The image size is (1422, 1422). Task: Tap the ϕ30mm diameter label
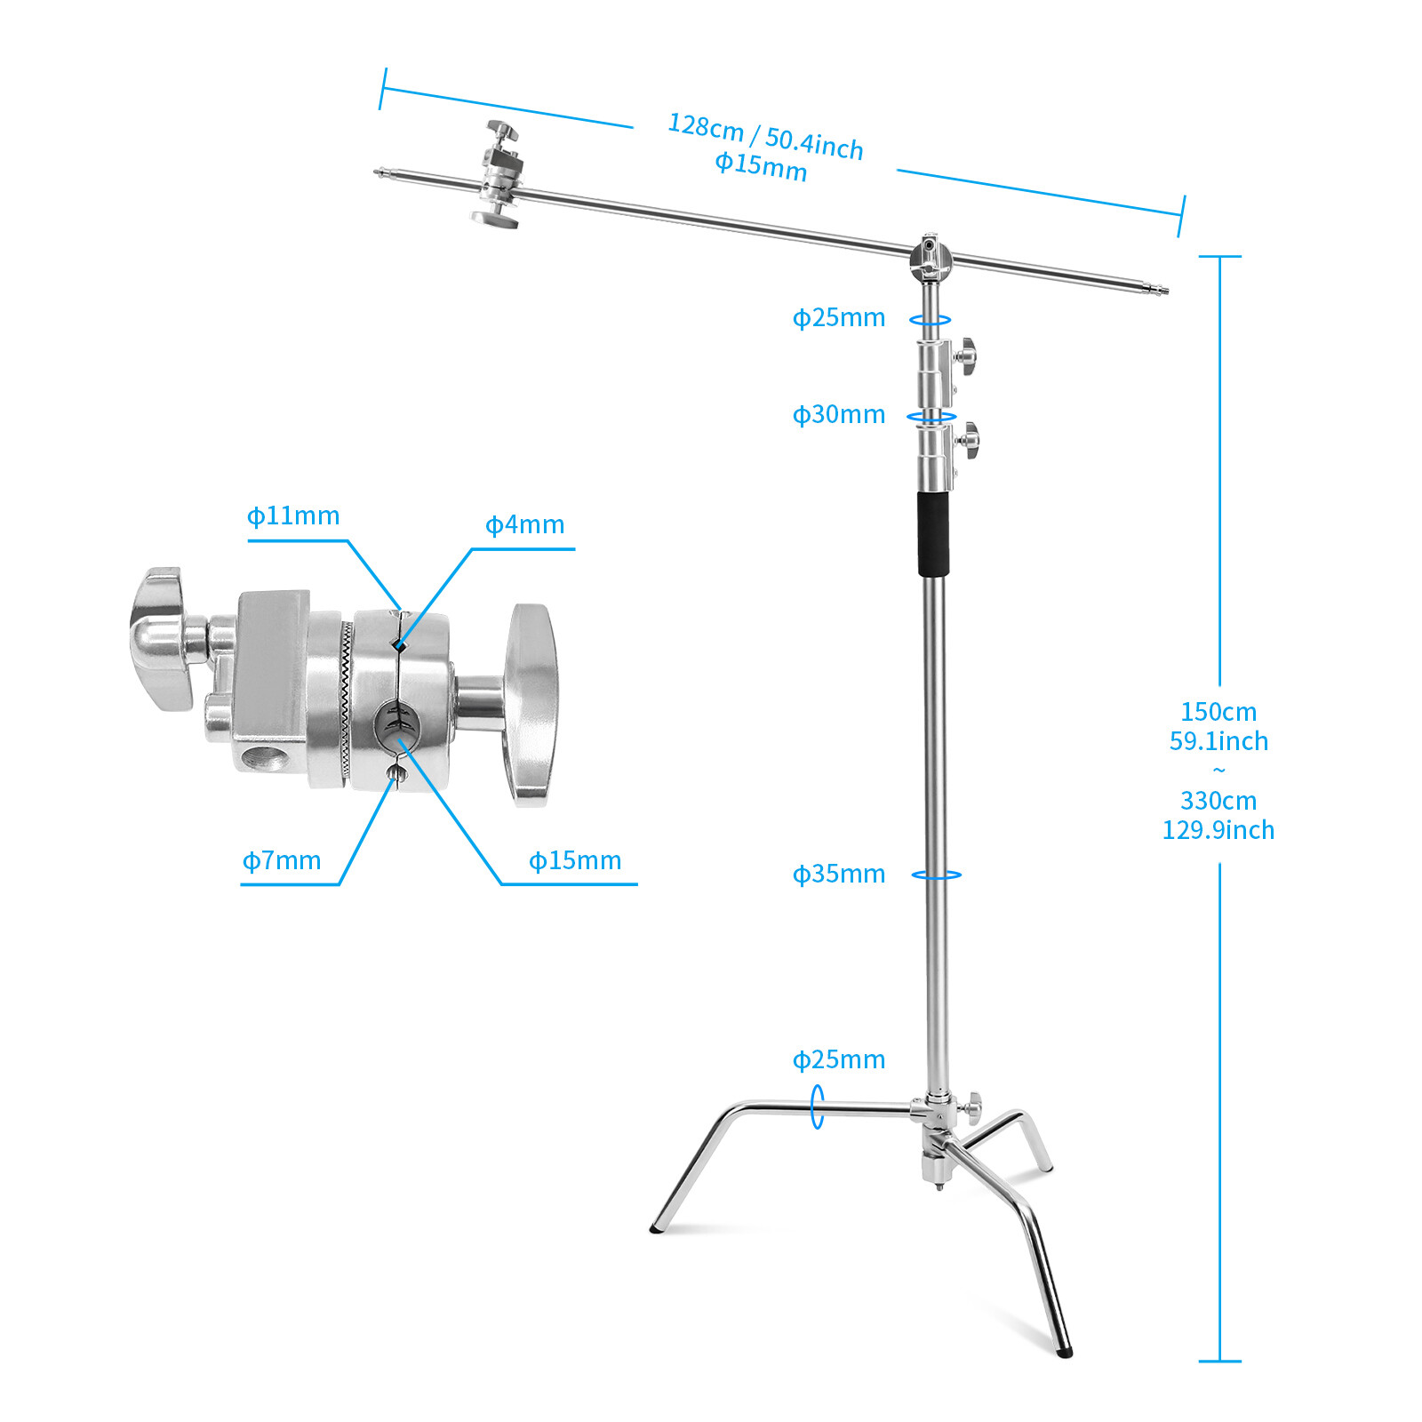pyautogui.click(x=838, y=414)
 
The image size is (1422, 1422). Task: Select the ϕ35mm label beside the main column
pyautogui.click(x=838, y=874)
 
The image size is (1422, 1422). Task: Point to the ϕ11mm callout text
pyautogui.click(x=293, y=515)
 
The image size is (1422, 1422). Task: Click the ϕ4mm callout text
pyautogui.click(x=524, y=524)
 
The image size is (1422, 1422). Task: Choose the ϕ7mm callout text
pyautogui.click(x=282, y=860)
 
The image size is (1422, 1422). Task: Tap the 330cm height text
pyautogui.click(x=1218, y=801)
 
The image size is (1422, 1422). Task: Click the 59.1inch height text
pyautogui.click(x=1218, y=741)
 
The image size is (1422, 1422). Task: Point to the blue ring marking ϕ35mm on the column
pyautogui.click(x=936, y=875)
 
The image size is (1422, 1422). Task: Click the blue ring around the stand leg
pyautogui.click(x=817, y=1106)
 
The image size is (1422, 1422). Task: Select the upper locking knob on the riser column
pyautogui.click(x=967, y=355)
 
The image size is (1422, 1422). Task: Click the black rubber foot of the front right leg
pyautogui.click(x=1066, y=1353)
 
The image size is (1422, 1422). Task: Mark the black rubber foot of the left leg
pyautogui.click(x=656, y=1229)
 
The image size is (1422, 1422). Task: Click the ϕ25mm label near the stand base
pyautogui.click(x=838, y=1059)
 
